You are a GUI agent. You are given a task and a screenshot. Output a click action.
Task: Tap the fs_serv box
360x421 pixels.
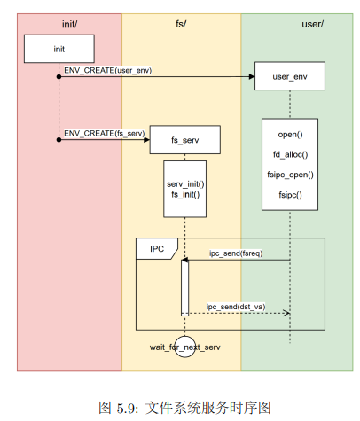(184, 140)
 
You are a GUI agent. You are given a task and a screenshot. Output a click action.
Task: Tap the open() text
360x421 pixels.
(290, 135)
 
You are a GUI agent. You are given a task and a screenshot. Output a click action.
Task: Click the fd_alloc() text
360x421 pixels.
(290, 154)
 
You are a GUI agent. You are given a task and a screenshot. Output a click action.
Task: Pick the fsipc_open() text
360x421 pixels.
(290, 174)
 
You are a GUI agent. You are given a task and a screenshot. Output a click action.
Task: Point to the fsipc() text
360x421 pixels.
(290, 193)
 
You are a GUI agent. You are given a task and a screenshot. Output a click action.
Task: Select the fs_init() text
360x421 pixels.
(185, 194)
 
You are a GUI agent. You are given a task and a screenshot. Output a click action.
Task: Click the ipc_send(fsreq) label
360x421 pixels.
(235, 253)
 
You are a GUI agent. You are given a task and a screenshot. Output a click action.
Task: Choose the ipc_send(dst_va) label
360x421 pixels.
(235, 306)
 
